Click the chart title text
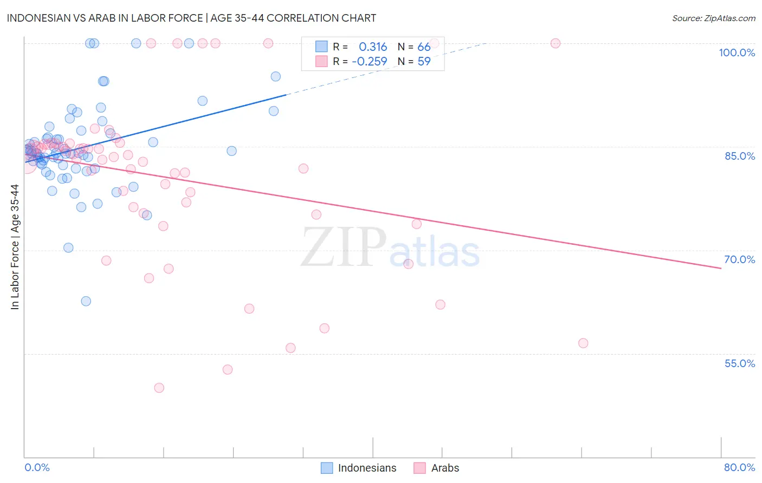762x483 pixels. [191, 18]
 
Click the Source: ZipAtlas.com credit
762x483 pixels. [713, 18]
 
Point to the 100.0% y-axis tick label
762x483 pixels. [737, 53]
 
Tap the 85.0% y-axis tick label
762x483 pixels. [739, 156]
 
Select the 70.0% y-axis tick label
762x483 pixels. [739, 259]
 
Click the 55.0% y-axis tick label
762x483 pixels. [739, 363]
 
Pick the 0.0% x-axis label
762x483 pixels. [37, 467]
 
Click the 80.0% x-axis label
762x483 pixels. [739, 467]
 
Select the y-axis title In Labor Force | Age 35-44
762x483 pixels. [15, 247]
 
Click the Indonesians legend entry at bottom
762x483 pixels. [359, 468]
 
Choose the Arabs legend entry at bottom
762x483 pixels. [437, 468]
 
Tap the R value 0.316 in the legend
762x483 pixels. [373, 47]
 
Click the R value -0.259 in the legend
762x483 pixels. [370, 62]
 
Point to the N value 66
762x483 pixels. [424, 47]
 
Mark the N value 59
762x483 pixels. [424, 62]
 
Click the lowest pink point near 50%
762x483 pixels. [159, 388]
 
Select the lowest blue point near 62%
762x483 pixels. [86, 301]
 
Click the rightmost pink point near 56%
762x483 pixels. [583, 343]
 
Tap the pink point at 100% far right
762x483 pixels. [555, 43]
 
